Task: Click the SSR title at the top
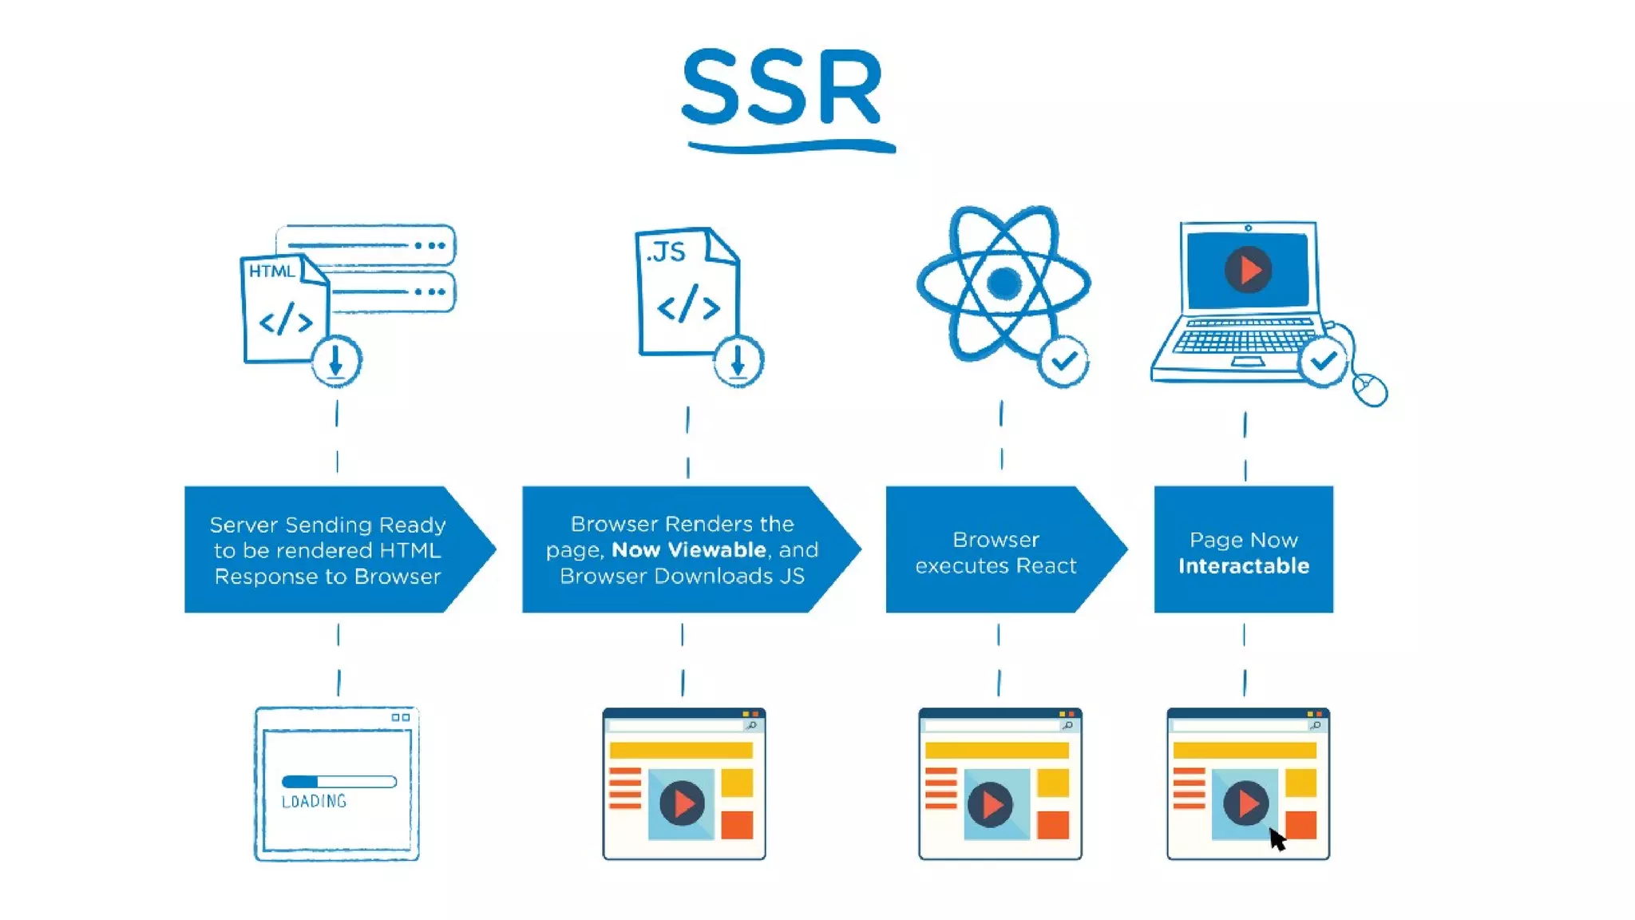[782, 88]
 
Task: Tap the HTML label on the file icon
[271, 271]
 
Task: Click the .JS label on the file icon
[666, 252]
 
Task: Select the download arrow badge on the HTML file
[335, 362]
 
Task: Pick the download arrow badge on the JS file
[738, 362]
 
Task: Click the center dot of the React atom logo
[1004, 283]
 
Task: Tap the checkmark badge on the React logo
[1063, 363]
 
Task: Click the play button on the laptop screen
[1248, 270]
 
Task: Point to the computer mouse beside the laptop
[1370, 390]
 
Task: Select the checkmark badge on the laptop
[1323, 362]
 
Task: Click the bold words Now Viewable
[688, 549]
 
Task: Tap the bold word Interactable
[1243, 566]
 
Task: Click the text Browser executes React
[996, 552]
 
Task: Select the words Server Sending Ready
[327, 525]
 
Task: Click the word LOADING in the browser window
[314, 801]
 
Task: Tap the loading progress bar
[338, 781]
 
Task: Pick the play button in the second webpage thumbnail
[682, 803]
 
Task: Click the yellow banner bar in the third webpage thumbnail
[996, 750]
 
